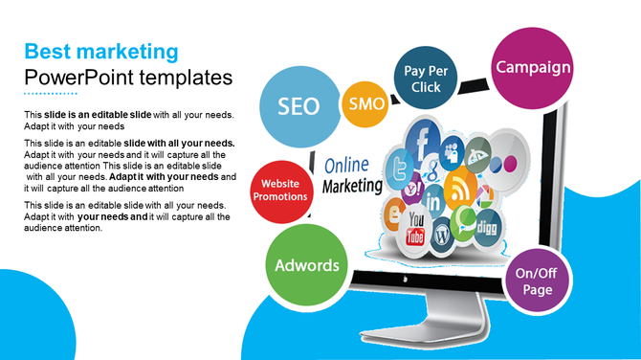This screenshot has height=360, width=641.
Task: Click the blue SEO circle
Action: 299,107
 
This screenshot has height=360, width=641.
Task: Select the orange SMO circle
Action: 365,103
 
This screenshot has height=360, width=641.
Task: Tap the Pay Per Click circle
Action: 421,79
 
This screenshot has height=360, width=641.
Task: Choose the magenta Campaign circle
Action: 532,67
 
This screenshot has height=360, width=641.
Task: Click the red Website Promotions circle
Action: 279,190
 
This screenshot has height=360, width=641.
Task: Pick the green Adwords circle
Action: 307,265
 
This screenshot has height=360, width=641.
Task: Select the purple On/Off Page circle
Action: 537,281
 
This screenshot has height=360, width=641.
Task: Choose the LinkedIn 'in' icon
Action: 433,202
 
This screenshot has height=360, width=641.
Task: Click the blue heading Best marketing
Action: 101,51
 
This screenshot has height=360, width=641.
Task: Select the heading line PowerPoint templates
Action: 128,77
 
